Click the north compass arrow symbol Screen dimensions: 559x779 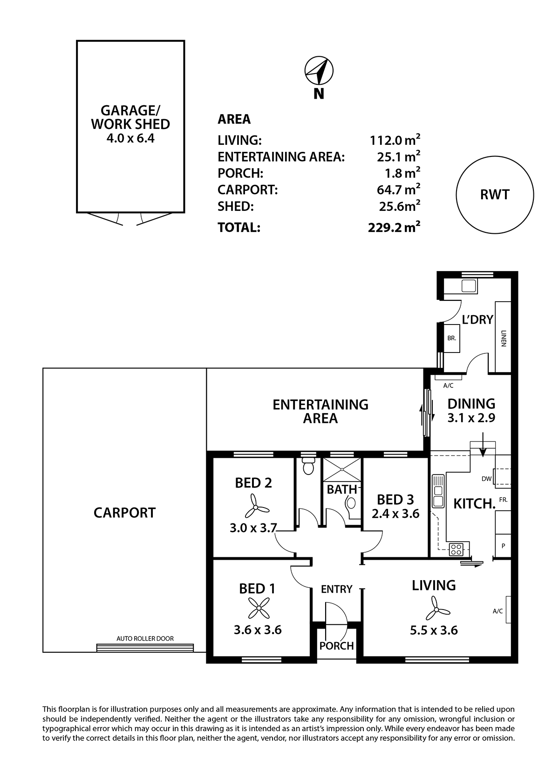pyautogui.click(x=319, y=71)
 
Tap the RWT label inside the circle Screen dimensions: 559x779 pyautogui.click(x=495, y=195)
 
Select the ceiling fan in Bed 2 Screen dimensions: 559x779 pyautogui.click(x=257, y=509)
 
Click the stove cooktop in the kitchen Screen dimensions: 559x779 pyautogui.click(x=456, y=549)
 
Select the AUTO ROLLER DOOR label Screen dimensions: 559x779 pyautogui.click(x=145, y=638)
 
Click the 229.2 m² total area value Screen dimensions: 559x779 pyautogui.click(x=394, y=227)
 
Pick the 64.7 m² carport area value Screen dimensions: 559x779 pyautogui.click(x=398, y=190)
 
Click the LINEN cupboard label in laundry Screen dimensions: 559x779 pyautogui.click(x=504, y=339)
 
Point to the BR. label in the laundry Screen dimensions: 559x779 pyautogui.click(x=451, y=338)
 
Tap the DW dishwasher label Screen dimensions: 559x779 pyautogui.click(x=487, y=479)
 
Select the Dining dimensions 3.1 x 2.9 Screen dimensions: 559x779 pyautogui.click(x=471, y=418)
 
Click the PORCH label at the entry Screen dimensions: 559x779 pyautogui.click(x=336, y=646)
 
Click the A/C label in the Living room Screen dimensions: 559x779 pyautogui.click(x=498, y=611)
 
